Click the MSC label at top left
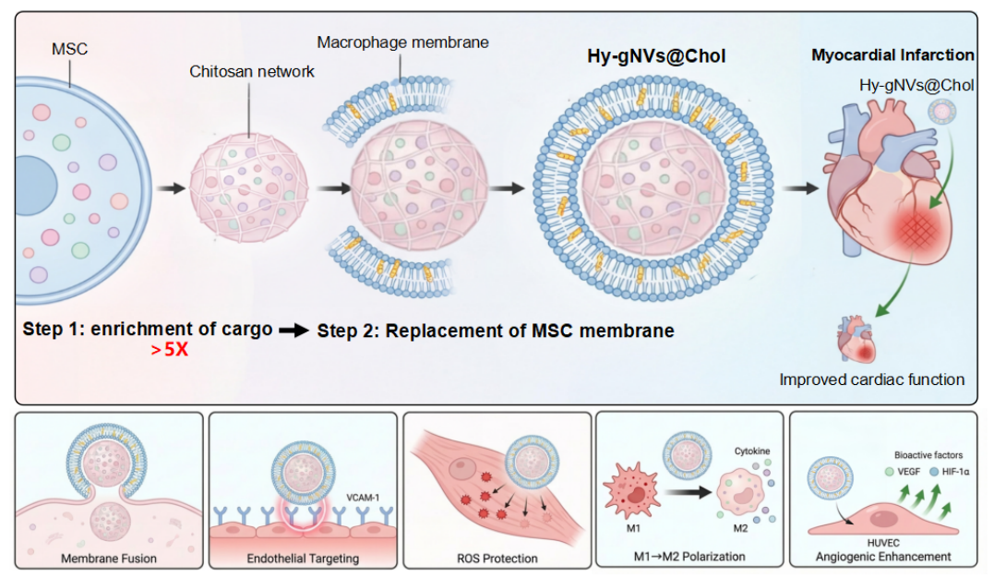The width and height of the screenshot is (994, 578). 71,49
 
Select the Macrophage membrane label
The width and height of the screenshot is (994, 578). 402,42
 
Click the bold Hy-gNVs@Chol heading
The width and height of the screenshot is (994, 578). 656,56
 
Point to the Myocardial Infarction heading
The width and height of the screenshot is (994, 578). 892,55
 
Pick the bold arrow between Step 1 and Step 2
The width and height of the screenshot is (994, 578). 293,331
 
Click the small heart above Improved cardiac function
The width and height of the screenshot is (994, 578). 856,340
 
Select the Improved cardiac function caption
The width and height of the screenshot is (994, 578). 871,379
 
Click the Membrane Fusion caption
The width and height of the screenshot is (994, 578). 109,558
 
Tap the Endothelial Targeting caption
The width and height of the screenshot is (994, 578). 302,558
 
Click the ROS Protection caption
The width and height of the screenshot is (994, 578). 497,558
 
